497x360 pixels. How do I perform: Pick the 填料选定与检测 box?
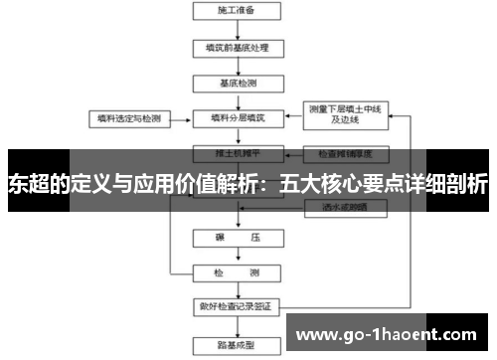[126, 117]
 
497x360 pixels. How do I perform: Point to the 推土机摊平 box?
[236, 154]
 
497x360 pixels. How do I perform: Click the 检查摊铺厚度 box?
[345, 154]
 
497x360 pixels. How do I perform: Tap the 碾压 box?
[236, 240]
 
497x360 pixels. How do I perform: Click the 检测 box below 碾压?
[236, 271]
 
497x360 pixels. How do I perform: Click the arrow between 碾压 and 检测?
[236, 256]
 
